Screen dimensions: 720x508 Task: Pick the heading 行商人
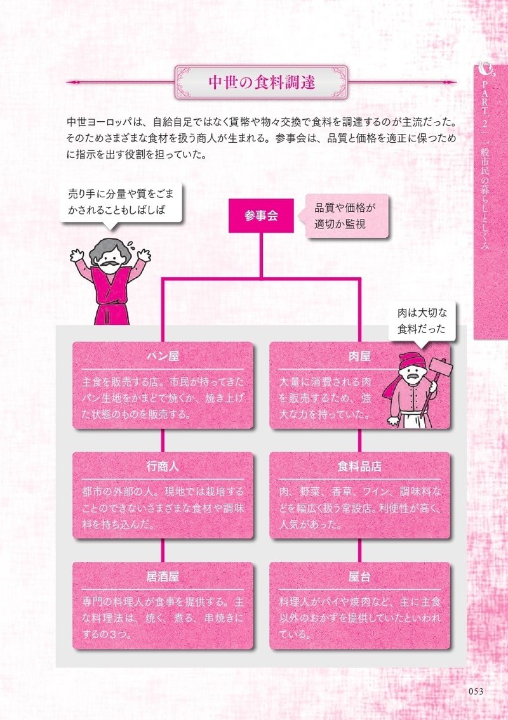pos(163,466)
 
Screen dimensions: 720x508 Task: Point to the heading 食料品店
pos(359,466)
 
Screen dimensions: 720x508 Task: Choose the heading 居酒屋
pos(163,577)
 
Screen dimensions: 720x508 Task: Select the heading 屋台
pos(359,577)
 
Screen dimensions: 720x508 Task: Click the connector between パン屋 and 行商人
pos(163,440)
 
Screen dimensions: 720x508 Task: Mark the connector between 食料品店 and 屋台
pos(359,550)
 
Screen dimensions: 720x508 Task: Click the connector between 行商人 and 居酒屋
pos(163,550)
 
